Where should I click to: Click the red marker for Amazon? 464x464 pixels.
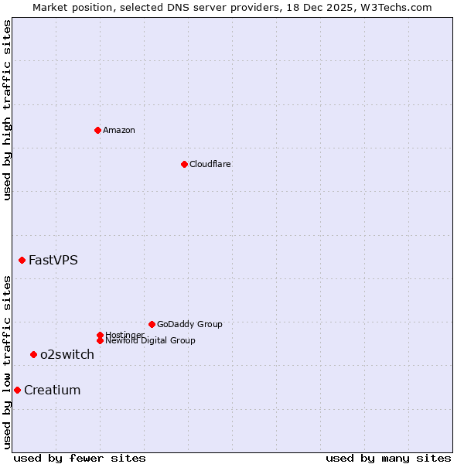[97, 130]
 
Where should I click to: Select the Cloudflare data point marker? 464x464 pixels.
[184, 164]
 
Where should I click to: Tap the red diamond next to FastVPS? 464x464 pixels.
[22, 260]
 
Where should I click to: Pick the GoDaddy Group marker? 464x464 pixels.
[152, 324]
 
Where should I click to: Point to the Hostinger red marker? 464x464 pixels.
[100, 335]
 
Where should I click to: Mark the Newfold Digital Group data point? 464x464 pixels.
[100, 340]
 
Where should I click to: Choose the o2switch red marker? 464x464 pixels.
[33, 354]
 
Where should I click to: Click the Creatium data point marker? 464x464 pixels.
[17, 390]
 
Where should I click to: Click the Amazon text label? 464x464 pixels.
[119, 130]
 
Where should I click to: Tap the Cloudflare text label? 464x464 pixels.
[210, 164]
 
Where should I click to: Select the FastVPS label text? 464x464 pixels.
[53, 260]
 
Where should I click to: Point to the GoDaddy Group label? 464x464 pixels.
[189, 324]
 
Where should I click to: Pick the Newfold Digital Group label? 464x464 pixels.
[151, 341]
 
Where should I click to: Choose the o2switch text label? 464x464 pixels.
[67, 355]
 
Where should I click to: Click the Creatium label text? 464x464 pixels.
[53, 391]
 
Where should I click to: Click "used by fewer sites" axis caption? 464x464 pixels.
[80, 458]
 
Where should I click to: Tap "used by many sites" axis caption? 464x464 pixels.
[388, 458]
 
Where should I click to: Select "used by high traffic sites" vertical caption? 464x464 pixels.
[7, 110]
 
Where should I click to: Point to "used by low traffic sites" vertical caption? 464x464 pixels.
[7, 362]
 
